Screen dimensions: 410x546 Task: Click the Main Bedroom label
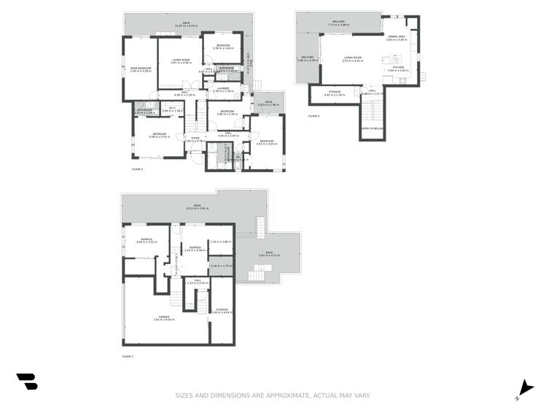click(141, 68)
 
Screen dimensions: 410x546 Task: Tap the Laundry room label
click(222, 88)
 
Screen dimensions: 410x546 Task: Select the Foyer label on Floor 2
click(195, 138)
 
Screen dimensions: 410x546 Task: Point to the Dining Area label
click(397, 36)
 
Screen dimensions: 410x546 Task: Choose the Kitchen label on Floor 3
click(399, 67)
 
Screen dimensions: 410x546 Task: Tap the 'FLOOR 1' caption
click(128, 357)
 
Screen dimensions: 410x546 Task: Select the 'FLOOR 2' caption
click(137, 169)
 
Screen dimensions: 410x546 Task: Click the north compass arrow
click(523, 389)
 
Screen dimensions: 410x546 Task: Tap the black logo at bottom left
click(27, 381)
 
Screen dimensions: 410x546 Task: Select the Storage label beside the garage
click(222, 310)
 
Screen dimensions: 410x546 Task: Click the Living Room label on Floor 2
click(181, 60)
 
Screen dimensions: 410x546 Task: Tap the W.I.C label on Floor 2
click(172, 107)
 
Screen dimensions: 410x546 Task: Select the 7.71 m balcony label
click(338, 22)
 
